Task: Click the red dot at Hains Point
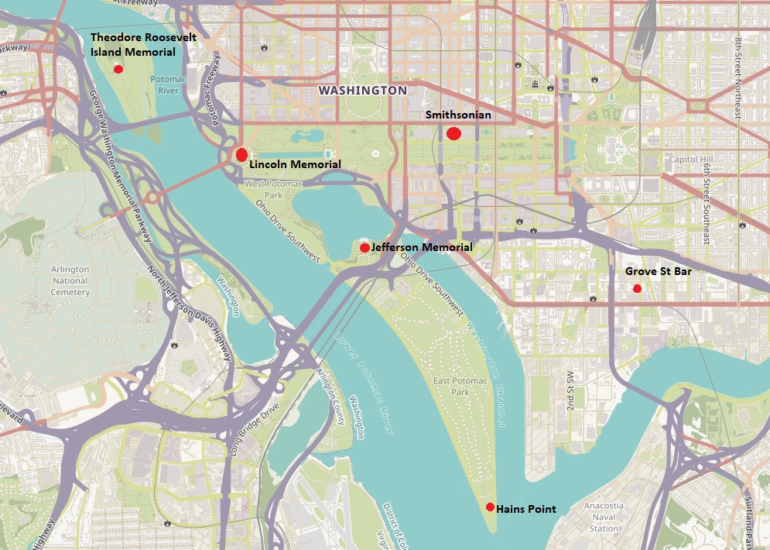click(490, 507)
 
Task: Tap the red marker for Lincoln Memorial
click(241, 154)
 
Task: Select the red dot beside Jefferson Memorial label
click(364, 247)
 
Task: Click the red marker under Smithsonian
click(454, 134)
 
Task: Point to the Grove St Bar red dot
click(638, 288)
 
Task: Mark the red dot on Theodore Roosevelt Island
click(118, 69)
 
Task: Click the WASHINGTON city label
click(362, 91)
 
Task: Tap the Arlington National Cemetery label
click(70, 281)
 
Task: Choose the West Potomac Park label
click(265, 189)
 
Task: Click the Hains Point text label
click(525, 508)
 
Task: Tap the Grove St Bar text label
click(658, 272)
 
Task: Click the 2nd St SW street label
click(570, 392)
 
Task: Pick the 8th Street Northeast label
click(739, 77)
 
